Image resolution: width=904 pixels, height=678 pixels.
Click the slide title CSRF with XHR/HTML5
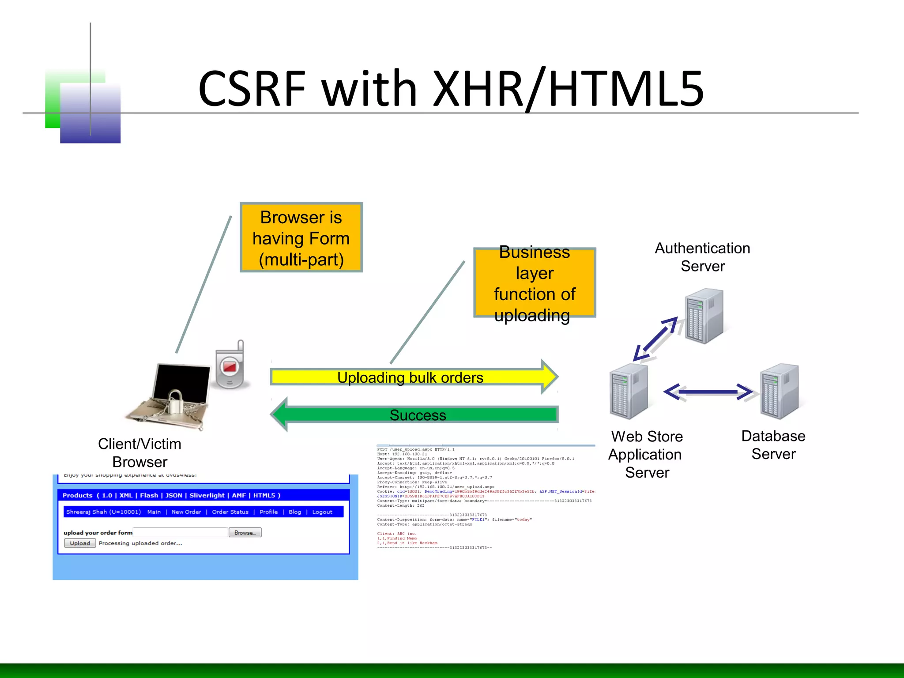coord(451,89)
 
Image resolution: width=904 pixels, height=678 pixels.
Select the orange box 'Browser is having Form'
coord(301,238)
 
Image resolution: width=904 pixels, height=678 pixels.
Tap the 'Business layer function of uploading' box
coord(535,283)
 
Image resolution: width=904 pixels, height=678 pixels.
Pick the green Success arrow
coord(417,414)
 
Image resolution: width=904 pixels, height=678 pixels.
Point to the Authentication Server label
coord(702,257)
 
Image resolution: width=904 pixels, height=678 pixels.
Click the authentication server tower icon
coord(704,316)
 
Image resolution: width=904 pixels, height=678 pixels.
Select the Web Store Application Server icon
coord(629,391)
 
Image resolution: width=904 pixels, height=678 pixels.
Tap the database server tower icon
coord(779,391)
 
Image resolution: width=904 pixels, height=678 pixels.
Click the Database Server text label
coord(773,445)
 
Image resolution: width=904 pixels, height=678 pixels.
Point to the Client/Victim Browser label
coord(139,453)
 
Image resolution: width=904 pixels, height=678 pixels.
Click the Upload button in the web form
coord(80,543)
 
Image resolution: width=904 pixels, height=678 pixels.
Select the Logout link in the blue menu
coord(322,512)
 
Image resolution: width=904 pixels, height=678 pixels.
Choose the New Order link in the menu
coord(186,512)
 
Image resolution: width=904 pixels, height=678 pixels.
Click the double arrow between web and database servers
coord(708,392)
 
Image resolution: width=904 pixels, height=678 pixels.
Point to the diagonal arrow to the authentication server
coord(655,339)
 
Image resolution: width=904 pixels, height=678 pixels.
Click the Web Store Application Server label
coord(646,454)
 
